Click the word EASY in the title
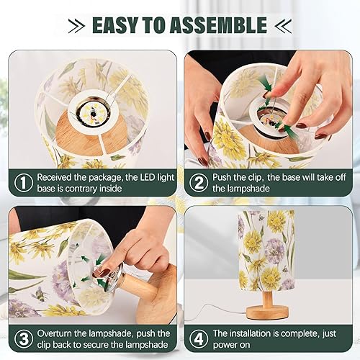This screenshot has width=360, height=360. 117,25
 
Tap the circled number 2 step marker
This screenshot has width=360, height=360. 197,182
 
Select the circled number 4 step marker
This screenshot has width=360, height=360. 197,338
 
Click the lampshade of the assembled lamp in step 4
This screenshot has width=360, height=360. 266,248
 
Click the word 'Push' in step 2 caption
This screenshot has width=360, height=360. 225,176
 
